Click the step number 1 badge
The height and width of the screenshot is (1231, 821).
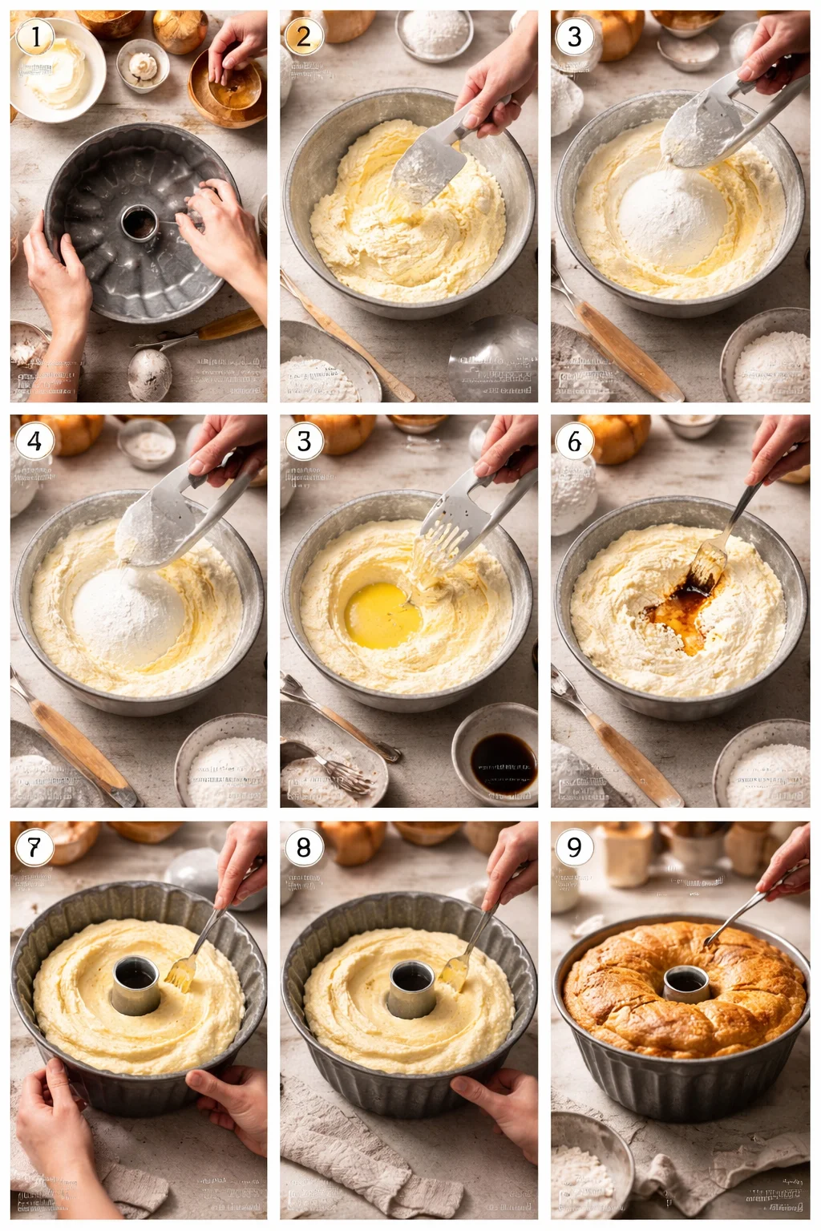[x=34, y=37]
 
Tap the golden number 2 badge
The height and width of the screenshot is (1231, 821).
[x=304, y=37]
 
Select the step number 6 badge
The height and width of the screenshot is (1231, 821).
[x=574, y=442]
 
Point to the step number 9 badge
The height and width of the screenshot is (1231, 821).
[x=574, y=847]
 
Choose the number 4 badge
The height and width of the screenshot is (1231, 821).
[x=34, y=442]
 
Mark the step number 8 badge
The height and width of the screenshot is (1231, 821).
[x=304, y=847]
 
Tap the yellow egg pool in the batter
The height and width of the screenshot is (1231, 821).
[x=382, y=615]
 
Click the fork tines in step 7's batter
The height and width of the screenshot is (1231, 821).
[x=180, y=974]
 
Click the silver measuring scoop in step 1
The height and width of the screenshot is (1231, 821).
[x=150, y=372]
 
